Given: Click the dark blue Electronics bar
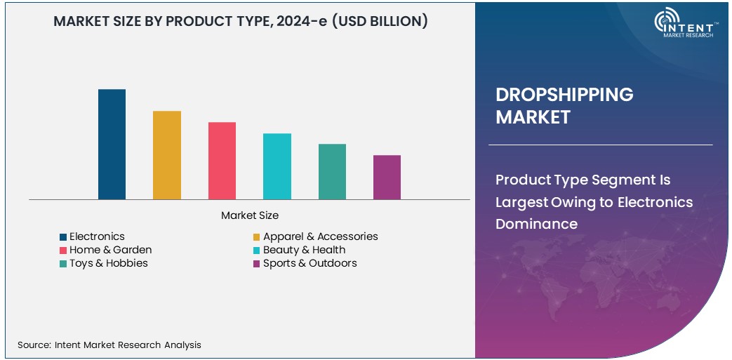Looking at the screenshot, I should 112,144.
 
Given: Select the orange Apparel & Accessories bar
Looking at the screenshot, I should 167,155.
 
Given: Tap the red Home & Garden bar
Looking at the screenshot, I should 222,161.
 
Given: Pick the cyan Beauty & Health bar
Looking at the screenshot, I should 277,166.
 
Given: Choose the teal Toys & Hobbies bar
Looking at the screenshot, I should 332,171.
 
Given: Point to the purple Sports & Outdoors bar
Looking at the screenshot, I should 387,177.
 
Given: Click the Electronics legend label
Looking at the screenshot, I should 97,236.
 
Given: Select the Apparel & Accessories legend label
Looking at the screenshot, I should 320,236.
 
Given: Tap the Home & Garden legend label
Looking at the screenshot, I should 110,250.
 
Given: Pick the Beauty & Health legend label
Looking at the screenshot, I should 304,250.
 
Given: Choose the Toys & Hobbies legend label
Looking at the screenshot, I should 109,263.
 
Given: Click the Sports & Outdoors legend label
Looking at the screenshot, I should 310,263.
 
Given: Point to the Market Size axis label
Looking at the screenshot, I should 250,215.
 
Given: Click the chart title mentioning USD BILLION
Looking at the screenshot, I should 241,22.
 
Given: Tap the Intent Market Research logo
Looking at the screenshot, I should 684,25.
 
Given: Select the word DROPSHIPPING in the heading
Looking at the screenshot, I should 564,95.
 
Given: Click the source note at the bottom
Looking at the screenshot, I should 109,345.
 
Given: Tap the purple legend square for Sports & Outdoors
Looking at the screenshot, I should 257,264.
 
